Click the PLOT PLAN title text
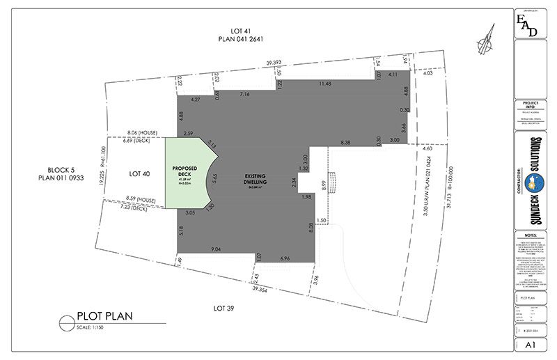click(x=105, y=315)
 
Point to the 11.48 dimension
click(x=324, y=84)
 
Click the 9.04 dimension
click(x=217, y=249)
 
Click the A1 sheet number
click(x=530, y=345)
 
